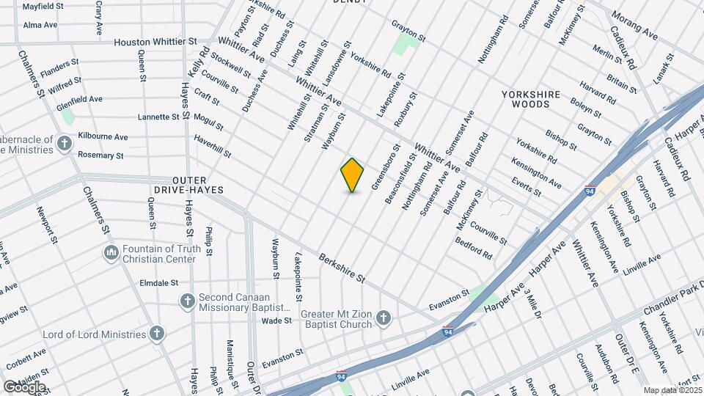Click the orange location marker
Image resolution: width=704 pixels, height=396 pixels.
click(353, 175)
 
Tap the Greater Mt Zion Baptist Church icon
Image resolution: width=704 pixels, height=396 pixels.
click(383, 318)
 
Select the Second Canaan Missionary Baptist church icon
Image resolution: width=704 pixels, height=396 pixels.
click(187, 301)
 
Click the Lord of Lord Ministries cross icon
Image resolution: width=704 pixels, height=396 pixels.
click(156, 334)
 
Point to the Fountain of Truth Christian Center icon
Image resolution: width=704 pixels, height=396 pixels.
click(111, 253)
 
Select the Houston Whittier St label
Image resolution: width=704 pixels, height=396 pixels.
click(155, 43)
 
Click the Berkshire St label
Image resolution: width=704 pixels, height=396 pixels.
click(341, 268)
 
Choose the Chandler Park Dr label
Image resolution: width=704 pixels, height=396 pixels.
click(673, 301)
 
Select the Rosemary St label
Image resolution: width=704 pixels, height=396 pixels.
click(100, 155)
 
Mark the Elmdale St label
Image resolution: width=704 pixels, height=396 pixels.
click(159, 282)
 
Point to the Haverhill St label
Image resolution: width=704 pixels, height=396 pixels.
click(212, 147)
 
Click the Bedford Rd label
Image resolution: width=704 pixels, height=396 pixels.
click(473, 247)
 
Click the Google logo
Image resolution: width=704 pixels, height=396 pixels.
click(24, 386)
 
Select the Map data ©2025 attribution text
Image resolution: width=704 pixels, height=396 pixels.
click(672, 390)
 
